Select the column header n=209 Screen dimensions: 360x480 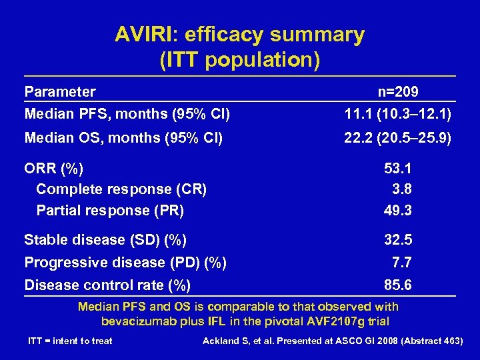(397, 91)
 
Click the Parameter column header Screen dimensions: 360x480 (60, 91)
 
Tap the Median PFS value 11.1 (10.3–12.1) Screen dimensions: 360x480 (397, 115)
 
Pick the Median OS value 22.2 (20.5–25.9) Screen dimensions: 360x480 (397, 138)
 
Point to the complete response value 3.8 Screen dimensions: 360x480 (402, 189)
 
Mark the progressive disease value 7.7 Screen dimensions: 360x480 (402, 263)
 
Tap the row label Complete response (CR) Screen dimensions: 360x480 (121, 189)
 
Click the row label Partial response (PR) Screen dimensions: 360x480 (110, 211)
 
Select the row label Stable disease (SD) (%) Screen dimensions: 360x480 (105, 239)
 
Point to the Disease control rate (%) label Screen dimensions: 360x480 (107, 285)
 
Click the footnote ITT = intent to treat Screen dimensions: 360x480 (70, 341)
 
